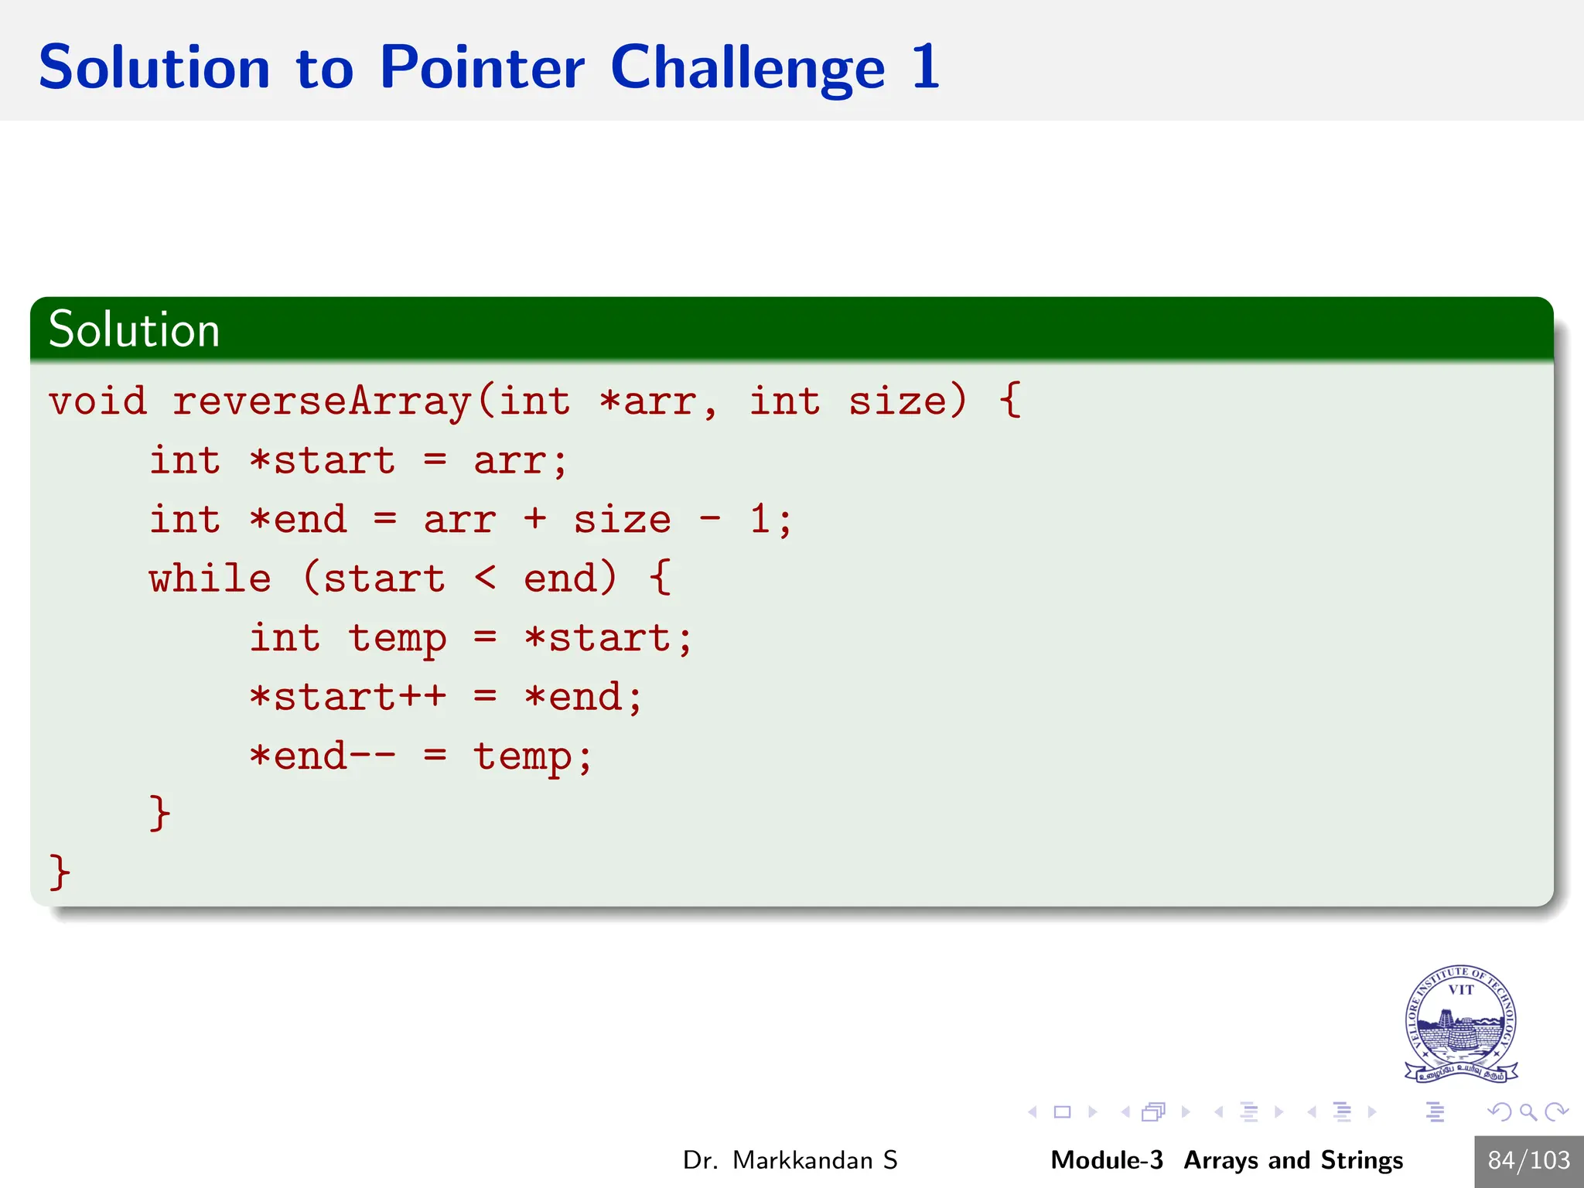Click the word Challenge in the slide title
pyautogui.click(x=747, y=68)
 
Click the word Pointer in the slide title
pyautogui.click(x=482, y=68)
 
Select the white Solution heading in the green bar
pyautogui.click(x=134, y=329)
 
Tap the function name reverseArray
pyautogui.click(x=321, y=401)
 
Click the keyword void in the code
pyautogui.click(x=97, y=401)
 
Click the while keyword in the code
pyautogui.click(x=210, y=579)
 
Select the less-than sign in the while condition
pyautogui.click(x=485, y=578)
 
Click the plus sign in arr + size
pyautogui.click(x=534, y=519)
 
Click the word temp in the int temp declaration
pyautogui.click(x=397, y=640)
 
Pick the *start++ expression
pyautogui.click(x=347, y=697)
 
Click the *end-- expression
pyautogui.click(x=323, y=756)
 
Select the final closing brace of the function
pyautogui.click(x=60, y=872)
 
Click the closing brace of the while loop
pyautogui.click(x=159, y=814)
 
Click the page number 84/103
pyautogui.click(x=1528, y=1160)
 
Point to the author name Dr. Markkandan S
pyautogui.click(x=790, y=1160)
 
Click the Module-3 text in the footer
pyautogui.click(x=1106, y=1160)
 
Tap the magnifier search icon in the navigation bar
pyautogui.click(x=1528, y=1112)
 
